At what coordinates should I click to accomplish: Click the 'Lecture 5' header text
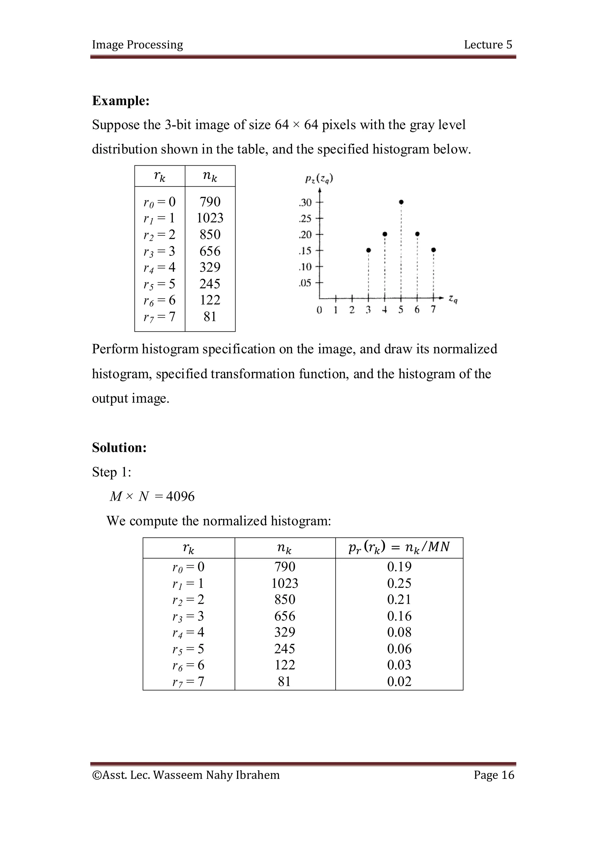488,44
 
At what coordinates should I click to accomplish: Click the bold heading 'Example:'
121,101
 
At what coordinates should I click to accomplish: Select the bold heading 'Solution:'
119,447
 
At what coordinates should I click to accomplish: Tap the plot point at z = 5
401,202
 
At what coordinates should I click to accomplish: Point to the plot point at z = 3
368,250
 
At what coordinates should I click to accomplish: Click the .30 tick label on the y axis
305,203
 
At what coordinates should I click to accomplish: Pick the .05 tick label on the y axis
305,283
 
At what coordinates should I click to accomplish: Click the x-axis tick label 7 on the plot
433,309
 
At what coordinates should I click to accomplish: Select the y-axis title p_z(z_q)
319,179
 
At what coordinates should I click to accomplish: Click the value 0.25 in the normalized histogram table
399,583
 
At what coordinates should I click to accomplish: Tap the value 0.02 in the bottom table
399,682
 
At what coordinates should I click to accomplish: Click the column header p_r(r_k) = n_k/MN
399,548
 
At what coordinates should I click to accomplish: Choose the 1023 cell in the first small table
210,218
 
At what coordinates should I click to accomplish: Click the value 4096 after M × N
180,497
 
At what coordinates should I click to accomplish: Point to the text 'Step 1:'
111,472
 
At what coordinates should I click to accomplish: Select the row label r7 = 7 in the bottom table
188,682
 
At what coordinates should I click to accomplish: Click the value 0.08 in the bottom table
399,632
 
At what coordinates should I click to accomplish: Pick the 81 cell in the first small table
210,316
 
